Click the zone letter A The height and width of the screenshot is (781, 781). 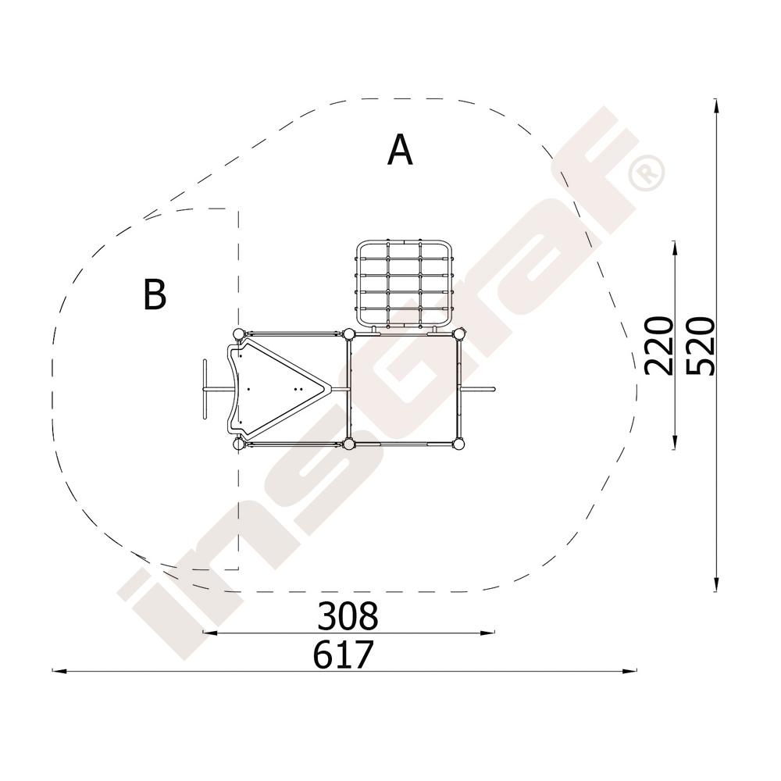tap(400, 149)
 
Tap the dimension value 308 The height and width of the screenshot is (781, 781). tap(348, 616)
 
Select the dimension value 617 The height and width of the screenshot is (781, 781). tap(343, 654)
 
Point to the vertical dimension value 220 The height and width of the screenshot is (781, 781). tap(658, 345)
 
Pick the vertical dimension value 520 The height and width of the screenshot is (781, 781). tap(701, 345)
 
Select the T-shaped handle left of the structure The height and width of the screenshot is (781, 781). tap(205, 389)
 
